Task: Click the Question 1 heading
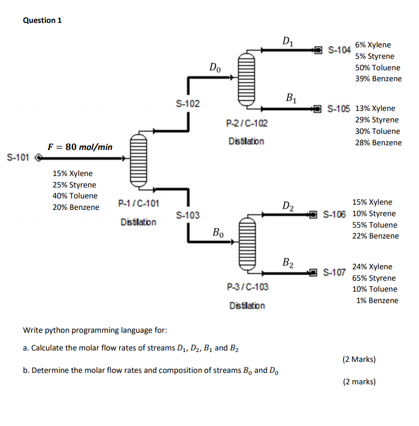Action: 42,20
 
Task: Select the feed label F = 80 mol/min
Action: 80,147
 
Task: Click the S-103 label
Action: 187,215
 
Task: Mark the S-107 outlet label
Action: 334,272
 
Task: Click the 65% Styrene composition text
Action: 374,278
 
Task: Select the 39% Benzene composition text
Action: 378,79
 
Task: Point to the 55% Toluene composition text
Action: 374,225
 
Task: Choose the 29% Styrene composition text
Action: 377,120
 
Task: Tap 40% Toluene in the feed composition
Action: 75,196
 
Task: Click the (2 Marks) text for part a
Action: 359,359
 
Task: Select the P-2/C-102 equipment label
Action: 247,123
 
